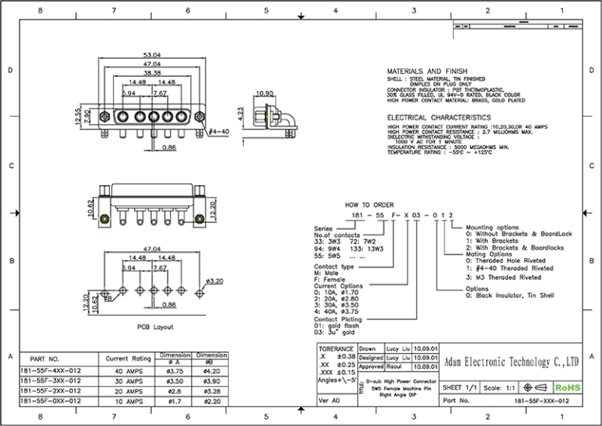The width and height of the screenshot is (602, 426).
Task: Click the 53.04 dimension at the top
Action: coord(152,56)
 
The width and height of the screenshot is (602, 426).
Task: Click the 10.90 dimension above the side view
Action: coord(265,93)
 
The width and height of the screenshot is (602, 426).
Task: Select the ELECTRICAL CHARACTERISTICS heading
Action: coord(439,117)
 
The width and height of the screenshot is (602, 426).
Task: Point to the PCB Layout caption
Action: coord(152,323)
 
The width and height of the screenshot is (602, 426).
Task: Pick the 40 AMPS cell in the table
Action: coord(128,371)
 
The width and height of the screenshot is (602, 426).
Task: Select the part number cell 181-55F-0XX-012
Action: coord(49,400)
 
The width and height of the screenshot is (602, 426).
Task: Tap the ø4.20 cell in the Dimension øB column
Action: coord(211,371)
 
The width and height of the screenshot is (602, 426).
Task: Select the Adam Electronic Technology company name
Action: coord(511,362)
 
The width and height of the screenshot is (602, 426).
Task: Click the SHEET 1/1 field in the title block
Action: coord(460,388)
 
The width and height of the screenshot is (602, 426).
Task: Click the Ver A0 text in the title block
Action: coord(329,400)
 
